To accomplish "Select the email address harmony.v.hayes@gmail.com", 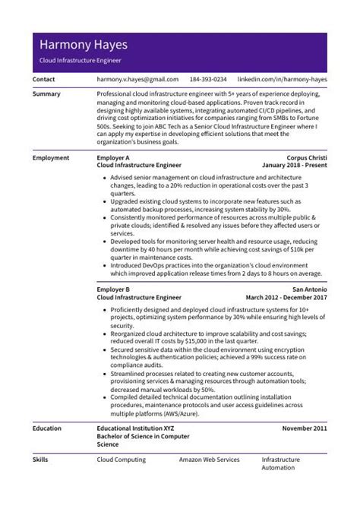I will pos(137,79).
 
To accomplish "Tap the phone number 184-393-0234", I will pos(208,79).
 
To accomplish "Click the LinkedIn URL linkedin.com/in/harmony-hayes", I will pos(282,79).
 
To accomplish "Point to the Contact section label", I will pos(44,79).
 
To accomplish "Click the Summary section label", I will pos(46,93).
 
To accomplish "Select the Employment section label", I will pos(51,158).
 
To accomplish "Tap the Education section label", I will pos(48,428).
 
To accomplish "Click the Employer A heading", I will pos(114,158).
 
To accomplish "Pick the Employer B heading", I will pos(114,290).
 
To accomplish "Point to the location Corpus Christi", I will pos(307,158).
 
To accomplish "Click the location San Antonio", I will pos(309,290).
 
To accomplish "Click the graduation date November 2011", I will pos(305,428).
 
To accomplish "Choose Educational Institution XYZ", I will pos(136,428).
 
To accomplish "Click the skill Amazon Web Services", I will pos(209,460).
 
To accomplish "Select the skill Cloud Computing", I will pos(121,460).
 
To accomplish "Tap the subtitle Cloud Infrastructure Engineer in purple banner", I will pos(81,60).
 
